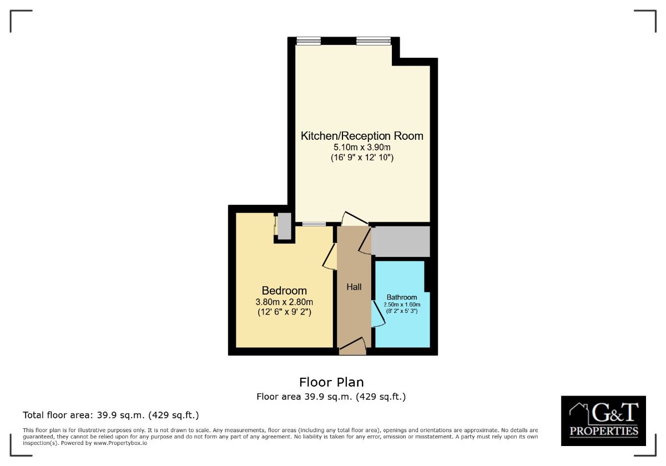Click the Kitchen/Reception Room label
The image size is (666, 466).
coord(362,136)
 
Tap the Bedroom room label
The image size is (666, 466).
coord(284,291)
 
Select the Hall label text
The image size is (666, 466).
coord(354,287)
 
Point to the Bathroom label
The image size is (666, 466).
coord(402,297)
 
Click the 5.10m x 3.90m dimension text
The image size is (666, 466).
coord(362,148)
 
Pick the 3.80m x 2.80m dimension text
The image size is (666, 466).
coord(284,302)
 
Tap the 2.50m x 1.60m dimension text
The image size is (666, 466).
coord(402,305)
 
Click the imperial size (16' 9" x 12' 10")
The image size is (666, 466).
coord(362,158)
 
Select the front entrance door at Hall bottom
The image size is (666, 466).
coord(353,348)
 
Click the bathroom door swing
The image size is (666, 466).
coord(377,315)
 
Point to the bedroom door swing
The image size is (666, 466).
coord(330,257)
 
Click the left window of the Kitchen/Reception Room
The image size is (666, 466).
coord(309,40)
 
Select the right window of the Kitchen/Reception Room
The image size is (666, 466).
coord(373,40)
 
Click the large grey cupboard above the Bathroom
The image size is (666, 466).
coord(401,241)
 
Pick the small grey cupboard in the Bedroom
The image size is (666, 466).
coord(284,226)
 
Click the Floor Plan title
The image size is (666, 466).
coord(331,382)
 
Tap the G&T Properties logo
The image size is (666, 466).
coord(603,421)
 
